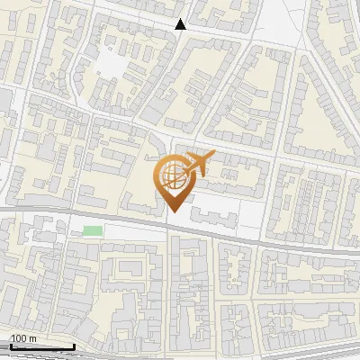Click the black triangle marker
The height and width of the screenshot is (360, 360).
click(x=181, y=24)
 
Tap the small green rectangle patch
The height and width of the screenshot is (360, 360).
click(x=93, y=231)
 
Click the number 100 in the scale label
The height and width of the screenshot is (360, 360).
click(x=17, y=338)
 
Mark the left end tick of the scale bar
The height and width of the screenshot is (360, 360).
click(x=10, y=345)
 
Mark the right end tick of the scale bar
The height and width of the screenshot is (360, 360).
click(x=74, y=345)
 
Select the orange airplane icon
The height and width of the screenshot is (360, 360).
click(x=199, y=163)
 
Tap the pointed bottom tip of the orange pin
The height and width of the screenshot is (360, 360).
click(x=174, y=211)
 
